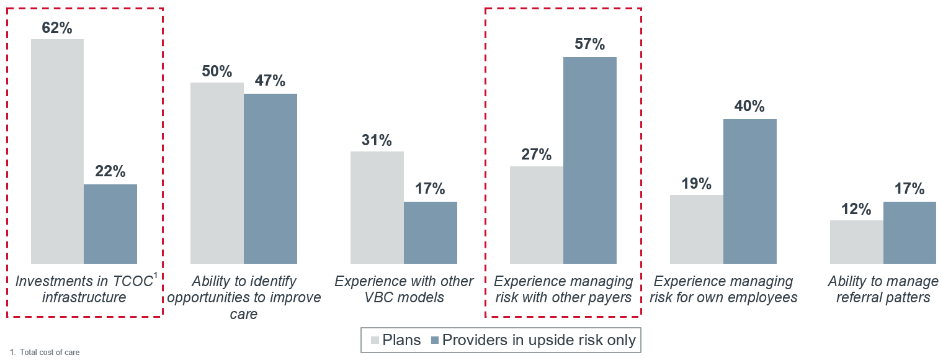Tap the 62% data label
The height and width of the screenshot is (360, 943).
click(x=57, y=28)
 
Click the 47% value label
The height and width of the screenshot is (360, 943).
click(x=270, y=81)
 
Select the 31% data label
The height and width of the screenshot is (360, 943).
click(x=377, y=140)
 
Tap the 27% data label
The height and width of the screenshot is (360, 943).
click(x=537, y=155)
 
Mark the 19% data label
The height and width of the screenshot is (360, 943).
click(x=696, y=184)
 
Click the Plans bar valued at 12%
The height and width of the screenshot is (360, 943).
click(x=857, y=241)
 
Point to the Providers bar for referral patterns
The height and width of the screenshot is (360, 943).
click(x=909, y=232)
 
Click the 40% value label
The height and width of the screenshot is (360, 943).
click(x=750, y=107)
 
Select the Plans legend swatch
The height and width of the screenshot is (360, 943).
click(x=375, y=340)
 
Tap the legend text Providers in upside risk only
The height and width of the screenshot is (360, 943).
click(x=539, y=340)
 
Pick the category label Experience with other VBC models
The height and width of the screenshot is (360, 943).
click(x=404, y=289)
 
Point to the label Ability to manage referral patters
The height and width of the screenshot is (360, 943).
click(x=883, y=289)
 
